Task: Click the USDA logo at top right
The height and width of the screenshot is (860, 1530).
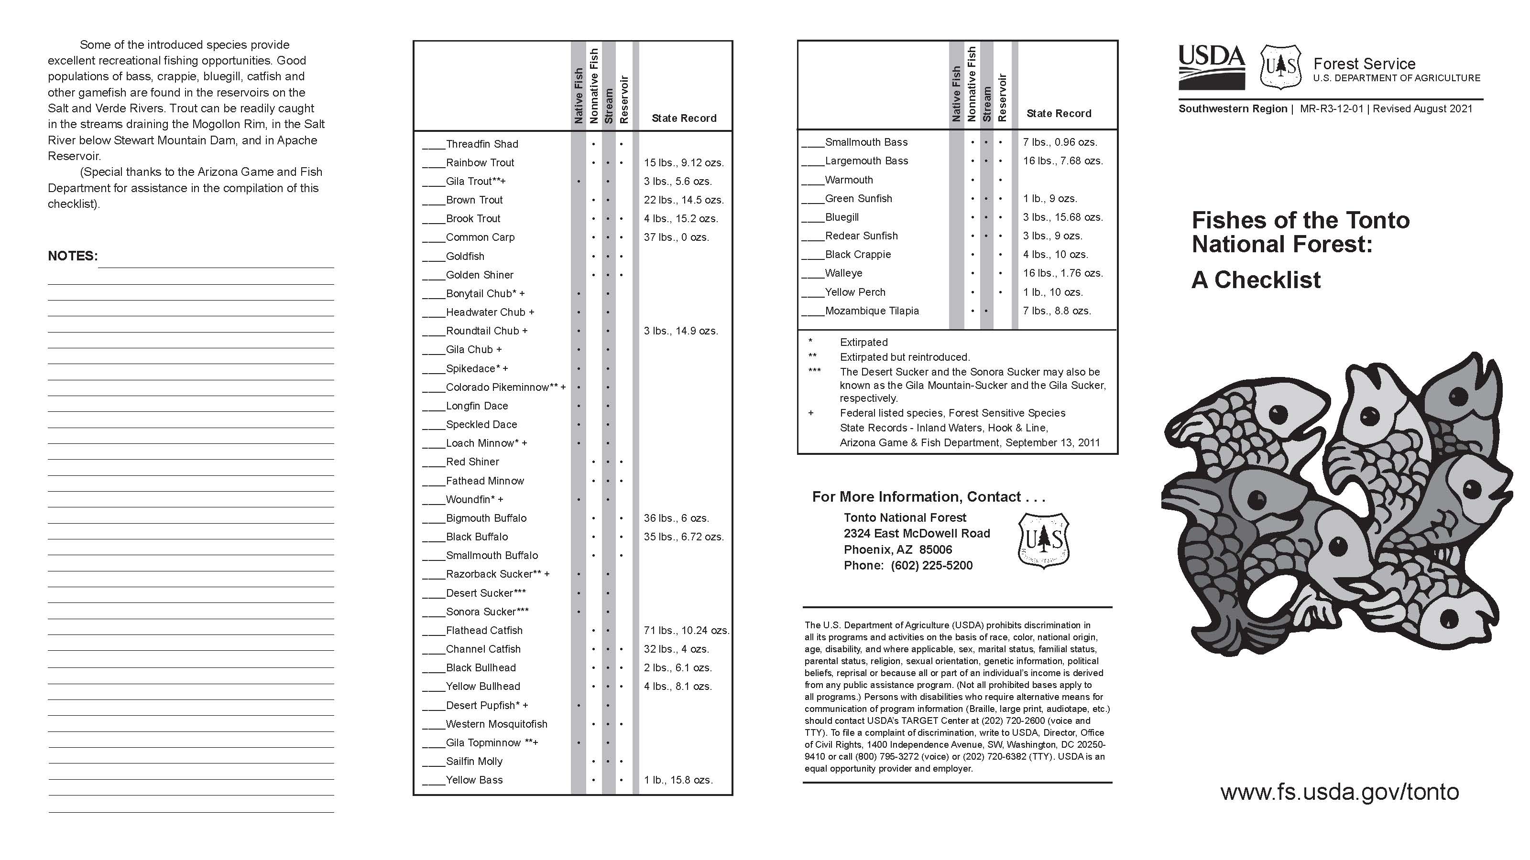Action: click(x=1212, y=66)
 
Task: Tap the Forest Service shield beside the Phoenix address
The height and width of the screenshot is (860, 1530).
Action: click(x=1044, y=541)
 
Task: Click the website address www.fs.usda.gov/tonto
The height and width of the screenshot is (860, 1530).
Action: click(x=1339, y=791)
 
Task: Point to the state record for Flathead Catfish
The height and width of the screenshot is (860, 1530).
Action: click(x=686, y=630)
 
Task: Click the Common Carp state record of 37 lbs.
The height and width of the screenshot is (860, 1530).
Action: click(x=676, y=237)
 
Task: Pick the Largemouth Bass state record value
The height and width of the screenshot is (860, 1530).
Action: click(x=1062, y=161)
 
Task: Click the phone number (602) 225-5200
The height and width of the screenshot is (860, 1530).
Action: click(x=931, y=566)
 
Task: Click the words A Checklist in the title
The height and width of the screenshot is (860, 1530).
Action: click(x=1256, y=280)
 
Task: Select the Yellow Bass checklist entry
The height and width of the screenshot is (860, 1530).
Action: click(x=473, y=780)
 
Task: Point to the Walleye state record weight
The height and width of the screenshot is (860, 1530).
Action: click(x=1062, y=273)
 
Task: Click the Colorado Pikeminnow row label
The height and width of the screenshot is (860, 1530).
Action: click(x=505, y=387)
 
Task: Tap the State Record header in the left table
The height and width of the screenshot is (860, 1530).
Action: click(x=684, y=118)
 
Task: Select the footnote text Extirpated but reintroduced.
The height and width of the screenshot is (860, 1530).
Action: click(x=905, y=357)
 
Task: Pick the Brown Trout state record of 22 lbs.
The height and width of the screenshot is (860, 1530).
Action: click(x=683, y=200)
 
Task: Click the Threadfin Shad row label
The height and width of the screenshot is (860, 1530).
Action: click(x=481, y=144)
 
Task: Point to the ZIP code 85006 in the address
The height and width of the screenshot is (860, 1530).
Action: click(x=936, y=549)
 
